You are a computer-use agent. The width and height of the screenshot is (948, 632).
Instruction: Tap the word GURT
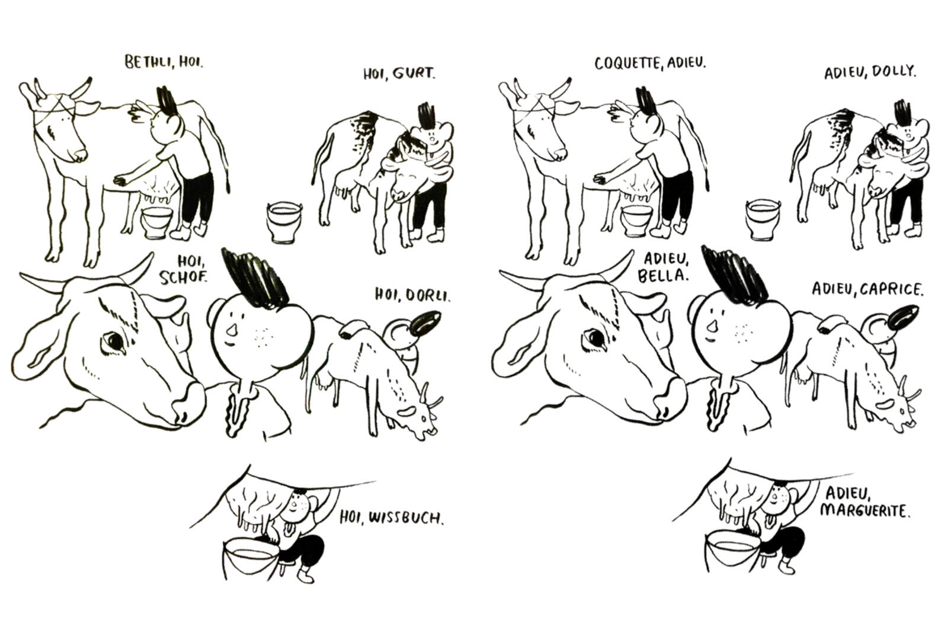[x=414, y=74]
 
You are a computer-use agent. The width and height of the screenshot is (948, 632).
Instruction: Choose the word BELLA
[x=663, y=275]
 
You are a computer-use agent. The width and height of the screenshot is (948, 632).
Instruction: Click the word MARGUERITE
[x=864, y=511]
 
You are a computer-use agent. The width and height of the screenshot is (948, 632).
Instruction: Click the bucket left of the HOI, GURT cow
[x=284, y=222]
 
